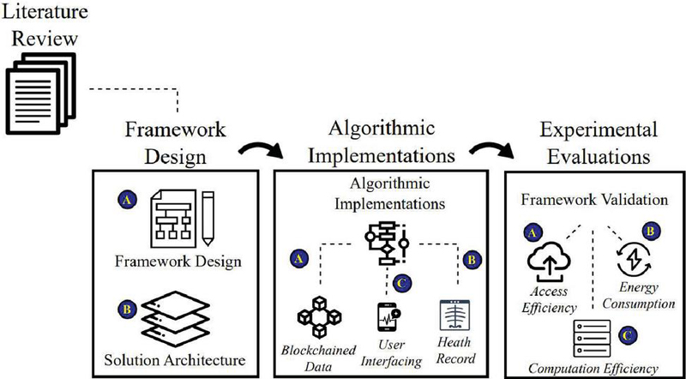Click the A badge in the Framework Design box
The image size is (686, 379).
coord(124,198)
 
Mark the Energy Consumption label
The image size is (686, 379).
coord(636,297)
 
